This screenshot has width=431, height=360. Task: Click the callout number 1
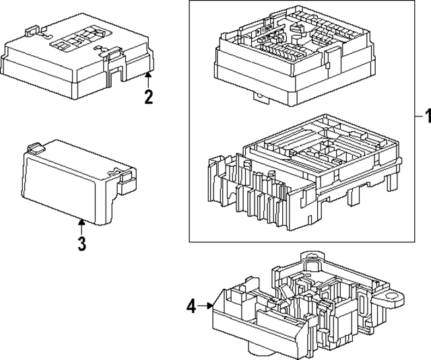[425, 116]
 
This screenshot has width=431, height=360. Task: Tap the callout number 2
[149, 96]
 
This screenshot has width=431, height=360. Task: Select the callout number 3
[81, 243]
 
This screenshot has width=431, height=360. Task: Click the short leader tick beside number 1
[413, 116]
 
